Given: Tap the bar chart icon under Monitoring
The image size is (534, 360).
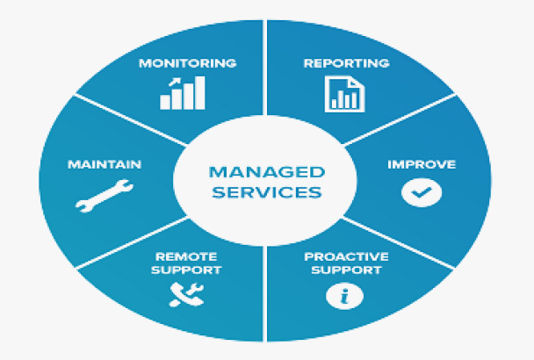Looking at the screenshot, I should point(183,92).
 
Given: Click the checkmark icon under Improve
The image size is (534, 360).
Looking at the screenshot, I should point(415,192).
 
